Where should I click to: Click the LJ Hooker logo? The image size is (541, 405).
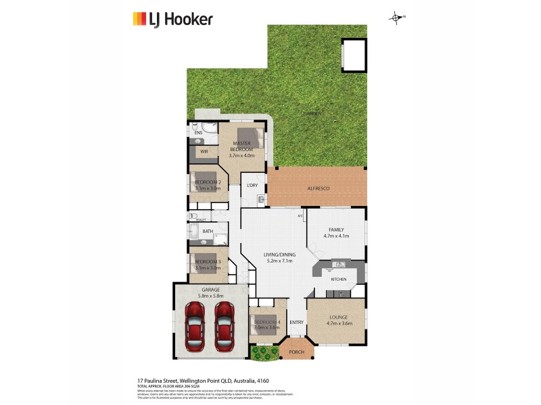[x=172, y=18]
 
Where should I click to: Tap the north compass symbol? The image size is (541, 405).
[x=396, y=18]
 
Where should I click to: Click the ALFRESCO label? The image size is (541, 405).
[x=318, y=188]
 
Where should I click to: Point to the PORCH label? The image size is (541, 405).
[x=296, y=352]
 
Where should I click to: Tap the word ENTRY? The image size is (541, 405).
[x=297, y=322]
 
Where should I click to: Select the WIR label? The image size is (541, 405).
[x=204, y=152]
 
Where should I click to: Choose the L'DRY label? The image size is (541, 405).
[x=252, y=185]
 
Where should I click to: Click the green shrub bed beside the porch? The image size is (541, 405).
[x=264, y=352]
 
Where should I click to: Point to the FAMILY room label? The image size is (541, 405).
[x=336, y=230]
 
